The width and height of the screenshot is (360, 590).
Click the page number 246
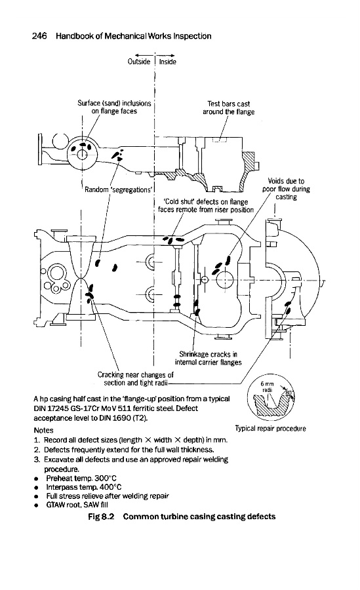(x=39, y=36)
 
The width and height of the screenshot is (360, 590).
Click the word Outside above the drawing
(x=139, y=62)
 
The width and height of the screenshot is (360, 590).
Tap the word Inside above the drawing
(x=168, y=62)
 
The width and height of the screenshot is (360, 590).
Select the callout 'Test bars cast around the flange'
(x=229, y=108)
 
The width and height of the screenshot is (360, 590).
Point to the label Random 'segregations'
(x=118, y=189)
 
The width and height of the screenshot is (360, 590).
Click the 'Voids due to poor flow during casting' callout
(x=286, y=189)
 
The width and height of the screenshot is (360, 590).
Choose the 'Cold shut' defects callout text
(x=206, y=206)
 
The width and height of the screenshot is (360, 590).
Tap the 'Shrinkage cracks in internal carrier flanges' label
(x=209, y=358)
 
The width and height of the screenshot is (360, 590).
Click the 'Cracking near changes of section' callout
(x=136, y=379)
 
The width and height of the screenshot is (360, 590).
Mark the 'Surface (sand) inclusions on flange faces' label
(x=115, y=108)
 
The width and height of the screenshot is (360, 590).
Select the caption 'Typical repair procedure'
(x=270, y=429)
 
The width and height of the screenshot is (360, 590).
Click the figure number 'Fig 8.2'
(x=101, y=517)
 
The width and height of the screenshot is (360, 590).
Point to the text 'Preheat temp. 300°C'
(x=81, y=479)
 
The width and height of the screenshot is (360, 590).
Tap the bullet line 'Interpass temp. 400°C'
(x=83, y=487)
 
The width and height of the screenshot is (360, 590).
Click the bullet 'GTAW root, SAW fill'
(x=77, y=505)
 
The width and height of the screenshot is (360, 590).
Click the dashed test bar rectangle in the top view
(x=219, y=140)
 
